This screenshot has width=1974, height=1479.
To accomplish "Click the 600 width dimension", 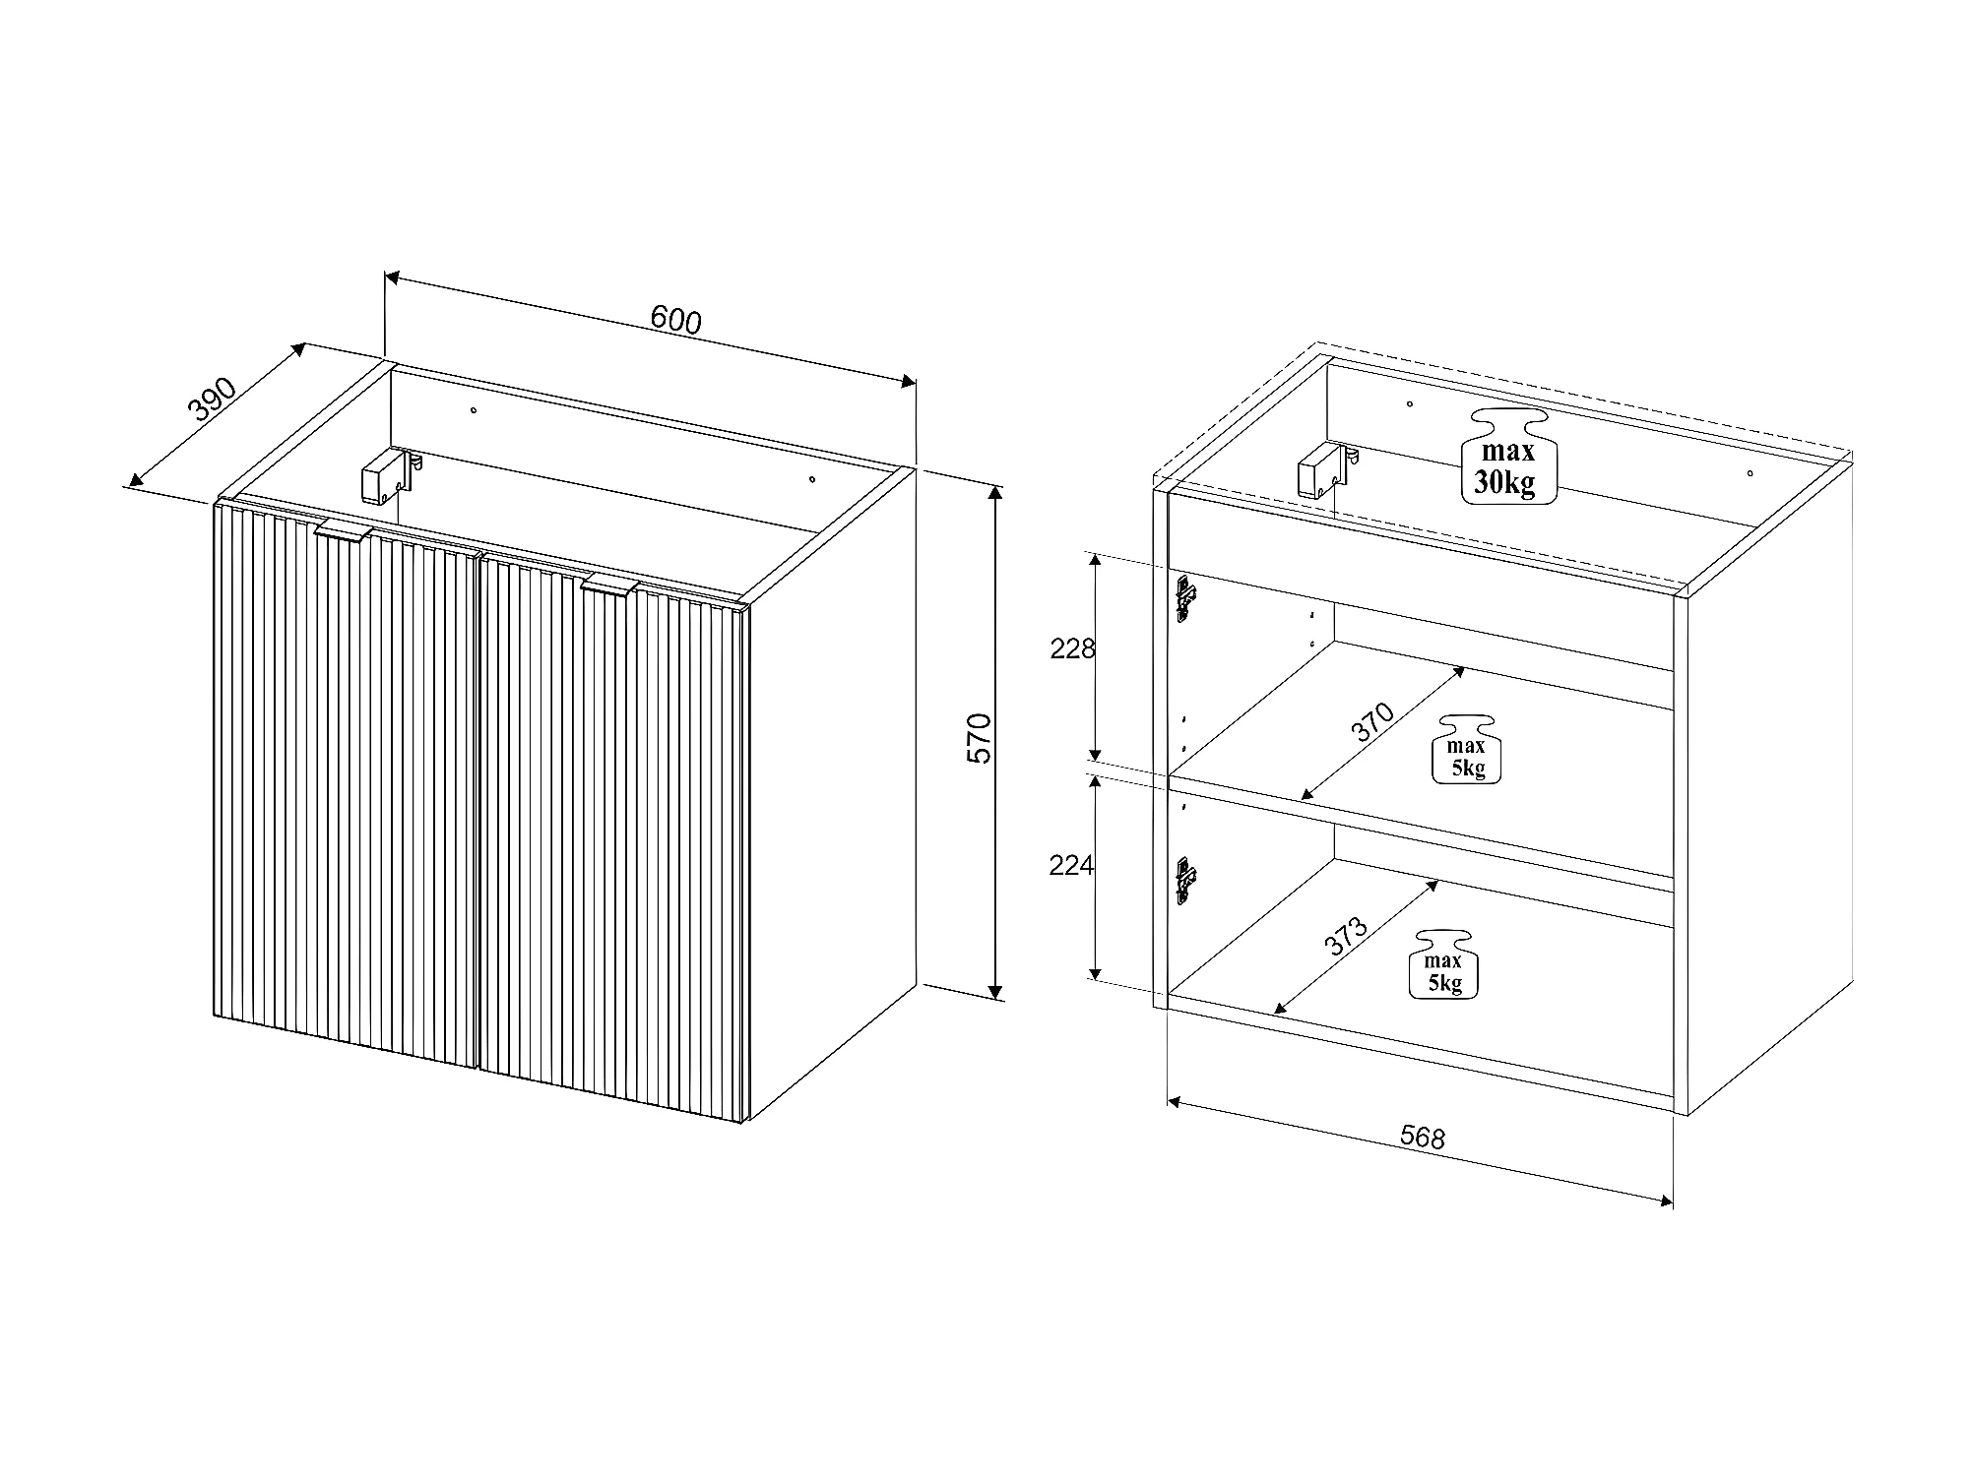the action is (x=675, y=320).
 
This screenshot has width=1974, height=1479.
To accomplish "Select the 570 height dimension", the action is (x=981, y=738).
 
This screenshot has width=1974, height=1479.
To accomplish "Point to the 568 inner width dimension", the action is (x=1423, y=1138).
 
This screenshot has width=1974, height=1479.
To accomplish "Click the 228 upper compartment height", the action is (x=1072, y=648).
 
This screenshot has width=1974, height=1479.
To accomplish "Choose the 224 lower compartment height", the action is (x=1072, y=865).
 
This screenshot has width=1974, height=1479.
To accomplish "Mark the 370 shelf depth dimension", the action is (x=1372, y=722).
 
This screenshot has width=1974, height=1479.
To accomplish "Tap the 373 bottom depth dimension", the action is (x=1346, y=936).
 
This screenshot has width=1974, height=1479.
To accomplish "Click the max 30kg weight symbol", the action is (x=1508, y=457).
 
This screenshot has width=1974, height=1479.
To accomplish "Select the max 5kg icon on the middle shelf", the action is (x=1466, y=749).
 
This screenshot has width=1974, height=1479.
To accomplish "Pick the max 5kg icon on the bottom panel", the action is (x=1443, y=964).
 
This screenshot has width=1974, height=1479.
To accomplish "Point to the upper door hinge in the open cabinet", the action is (x=1185, y=598).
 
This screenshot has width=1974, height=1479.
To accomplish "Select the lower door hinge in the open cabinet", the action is (x=1185, y=879).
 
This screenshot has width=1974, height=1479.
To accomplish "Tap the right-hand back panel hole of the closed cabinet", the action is (x=812, y=479).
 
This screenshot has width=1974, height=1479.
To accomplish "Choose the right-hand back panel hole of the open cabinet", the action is (x=1750, y=473).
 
